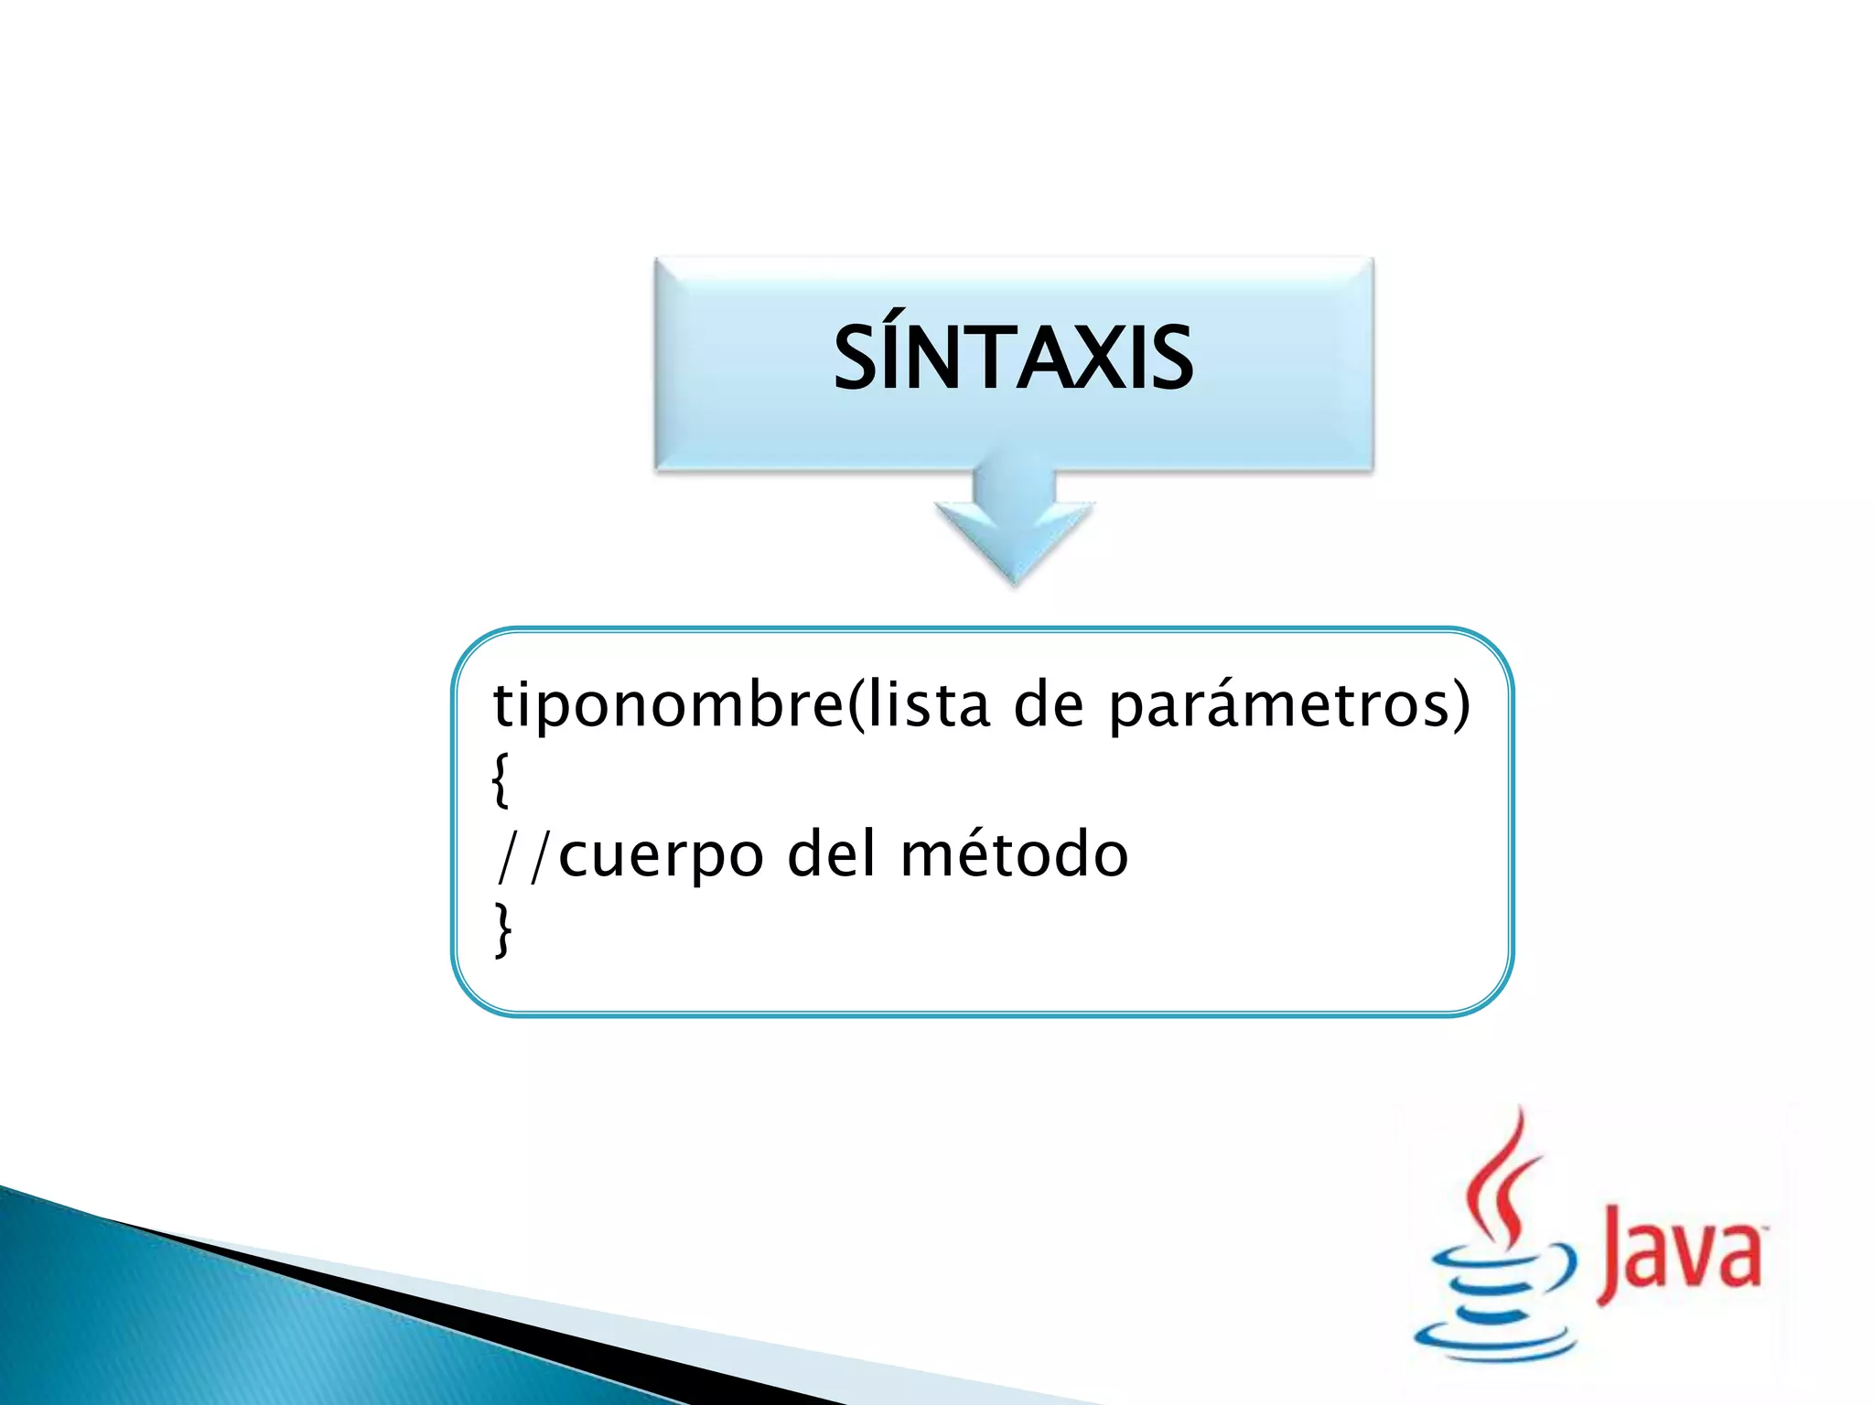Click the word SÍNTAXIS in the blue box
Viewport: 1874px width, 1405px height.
point(1013,359)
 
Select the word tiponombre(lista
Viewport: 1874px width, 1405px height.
point(741,706)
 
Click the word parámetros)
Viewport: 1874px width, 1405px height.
point(1288,706)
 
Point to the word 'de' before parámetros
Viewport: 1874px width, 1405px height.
point(1049,706)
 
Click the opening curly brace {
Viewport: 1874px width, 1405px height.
point(501,779)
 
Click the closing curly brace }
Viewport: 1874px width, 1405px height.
point(502,929)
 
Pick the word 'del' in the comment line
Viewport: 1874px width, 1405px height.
point(832,854)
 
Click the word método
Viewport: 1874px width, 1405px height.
point(1014,854)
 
